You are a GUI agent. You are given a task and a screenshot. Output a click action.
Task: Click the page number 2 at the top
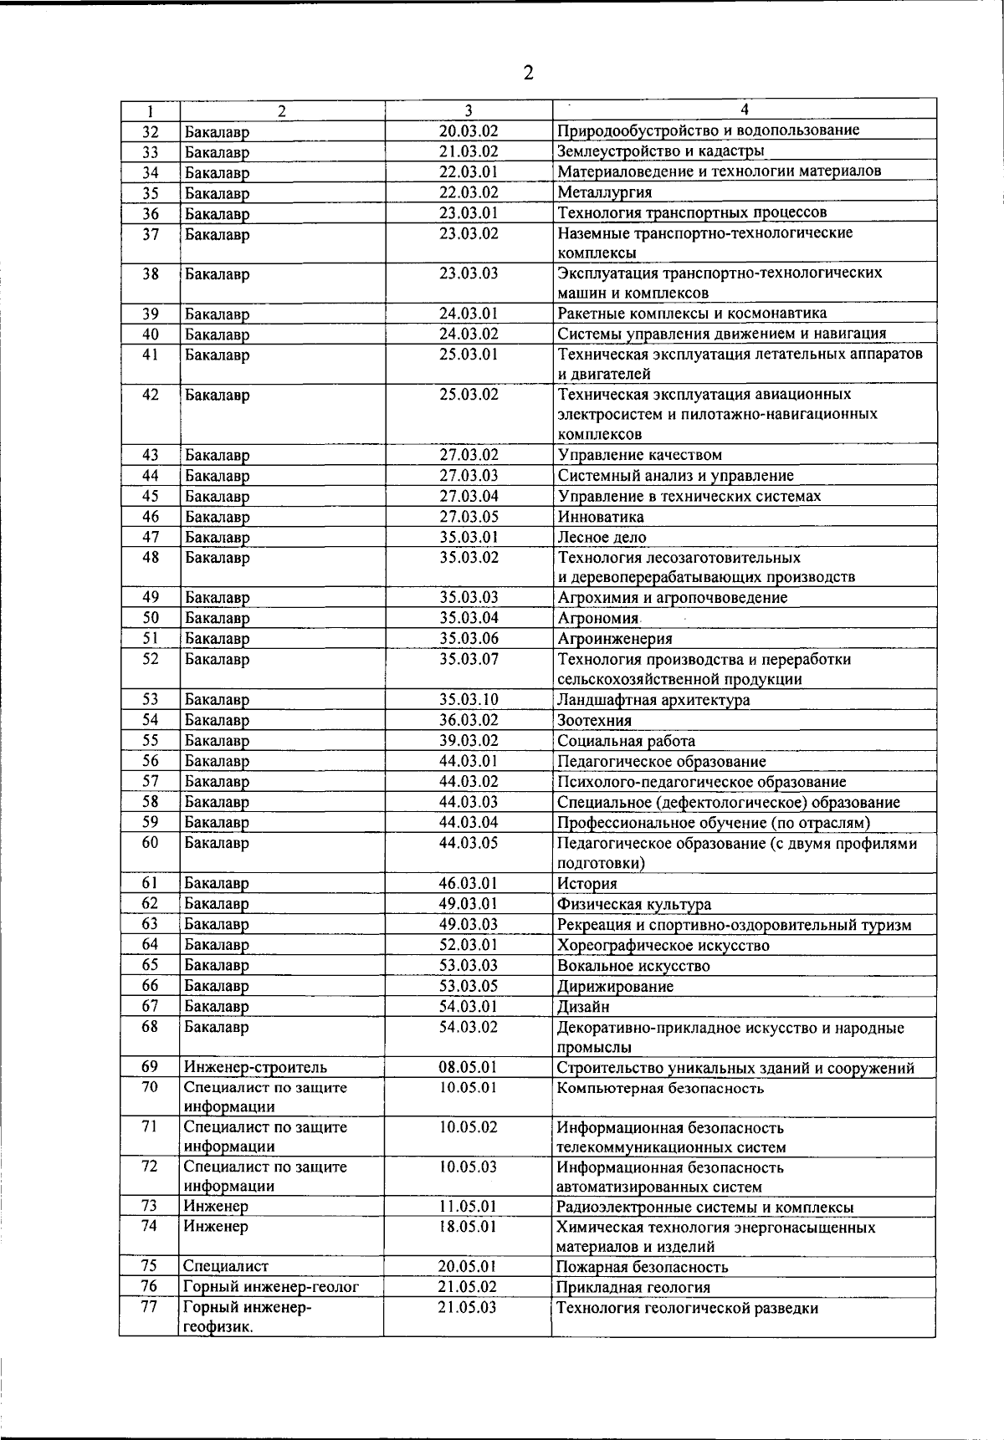point(528,74)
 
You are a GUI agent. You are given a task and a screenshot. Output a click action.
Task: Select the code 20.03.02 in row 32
point(469,131)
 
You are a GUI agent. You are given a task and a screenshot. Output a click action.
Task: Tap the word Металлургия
point(604,192)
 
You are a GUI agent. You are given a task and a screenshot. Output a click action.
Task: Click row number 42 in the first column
point(150,395)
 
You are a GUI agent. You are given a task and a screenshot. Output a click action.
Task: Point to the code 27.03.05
point(469,517)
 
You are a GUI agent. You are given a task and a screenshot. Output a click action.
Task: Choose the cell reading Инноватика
point(600,517)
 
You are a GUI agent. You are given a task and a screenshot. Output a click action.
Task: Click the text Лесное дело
point(602,538)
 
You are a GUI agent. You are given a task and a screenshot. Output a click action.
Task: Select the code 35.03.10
point(469,700)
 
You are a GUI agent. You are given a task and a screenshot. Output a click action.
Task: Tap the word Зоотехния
point(594,721)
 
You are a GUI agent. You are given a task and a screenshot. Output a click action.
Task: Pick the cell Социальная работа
point(626,741)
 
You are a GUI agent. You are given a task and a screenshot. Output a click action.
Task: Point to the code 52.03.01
point(469,945)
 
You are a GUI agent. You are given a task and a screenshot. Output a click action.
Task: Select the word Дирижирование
point(615,987)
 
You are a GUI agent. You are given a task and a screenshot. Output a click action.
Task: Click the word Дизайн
point(583,1007)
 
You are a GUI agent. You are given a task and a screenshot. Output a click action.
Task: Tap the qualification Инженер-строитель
point(255,1068)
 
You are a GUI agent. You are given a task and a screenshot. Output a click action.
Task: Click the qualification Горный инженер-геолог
point(270,1288)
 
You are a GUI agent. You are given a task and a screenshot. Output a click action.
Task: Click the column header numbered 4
point(744,110)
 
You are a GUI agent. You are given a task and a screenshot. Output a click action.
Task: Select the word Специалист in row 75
point(226,1267)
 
